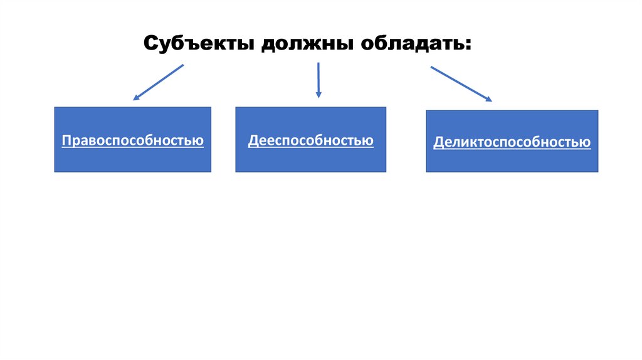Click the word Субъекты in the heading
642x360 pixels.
pyautogui.click(x=196, y=45)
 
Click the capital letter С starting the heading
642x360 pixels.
pyautogui.click(x=151, y=45)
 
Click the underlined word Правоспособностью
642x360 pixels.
pyautogui.click(x=132, y=140)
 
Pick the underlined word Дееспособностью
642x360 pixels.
pyautogui.click(x=310, y=140)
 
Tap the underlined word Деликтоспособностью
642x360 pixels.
pyautogui.click(x=512, y=142)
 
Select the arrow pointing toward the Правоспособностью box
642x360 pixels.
pyautogui.click(x=158, y=82)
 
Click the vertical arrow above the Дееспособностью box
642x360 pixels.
pyautogui.click(x=318, y=80)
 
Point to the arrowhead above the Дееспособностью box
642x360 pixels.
pyautogui.click(x=318, y=95)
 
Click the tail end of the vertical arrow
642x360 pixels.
pyautogui.click(x=318, y=63)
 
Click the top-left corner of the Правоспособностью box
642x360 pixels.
pyautogui.click(x=55, y=107)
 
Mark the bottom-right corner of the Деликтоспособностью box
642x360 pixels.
pyautogui.click(x=598, y=172)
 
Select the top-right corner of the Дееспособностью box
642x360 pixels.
pyautogui.click(x=386, y=107)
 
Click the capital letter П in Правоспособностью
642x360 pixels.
pyautogui.click(x=66, y=140)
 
